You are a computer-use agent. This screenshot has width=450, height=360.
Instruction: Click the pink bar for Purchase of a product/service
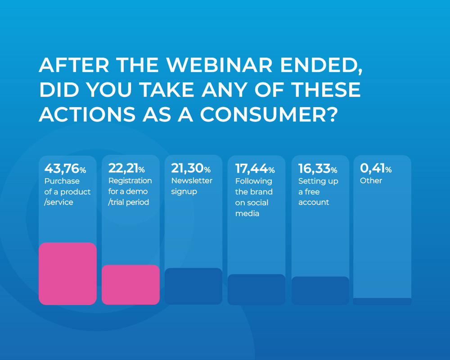[x=67, y=274]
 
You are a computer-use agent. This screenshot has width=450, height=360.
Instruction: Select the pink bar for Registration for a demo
[x=130, y=284]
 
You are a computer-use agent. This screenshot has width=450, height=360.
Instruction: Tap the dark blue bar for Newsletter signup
[x=193, y=286]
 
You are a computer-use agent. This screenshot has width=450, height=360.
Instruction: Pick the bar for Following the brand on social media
[x=256, y=289]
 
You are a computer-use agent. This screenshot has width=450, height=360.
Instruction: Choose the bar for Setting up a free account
[x=320, y=290]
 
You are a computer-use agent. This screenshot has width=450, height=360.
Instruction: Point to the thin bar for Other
[x=382, y=301]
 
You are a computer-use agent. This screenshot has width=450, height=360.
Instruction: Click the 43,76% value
[x=65, y=169]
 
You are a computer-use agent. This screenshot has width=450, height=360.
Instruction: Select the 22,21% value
[x=126, y=169]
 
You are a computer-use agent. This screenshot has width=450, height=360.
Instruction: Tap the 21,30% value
[x=191, y=169]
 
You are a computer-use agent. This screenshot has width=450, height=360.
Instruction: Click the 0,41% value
[x=376, y=169]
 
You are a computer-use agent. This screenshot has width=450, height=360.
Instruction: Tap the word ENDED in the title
[x=322, y=66]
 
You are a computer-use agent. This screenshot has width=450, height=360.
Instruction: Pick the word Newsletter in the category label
[x=192, y=181]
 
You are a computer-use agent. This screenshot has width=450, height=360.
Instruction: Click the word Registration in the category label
[x=130, y=181]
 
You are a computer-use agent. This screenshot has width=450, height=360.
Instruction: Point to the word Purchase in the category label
[x=62, y=181]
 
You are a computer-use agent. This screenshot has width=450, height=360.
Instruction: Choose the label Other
[x=371, y=181]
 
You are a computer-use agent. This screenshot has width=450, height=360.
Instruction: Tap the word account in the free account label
[x=314, y=202]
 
